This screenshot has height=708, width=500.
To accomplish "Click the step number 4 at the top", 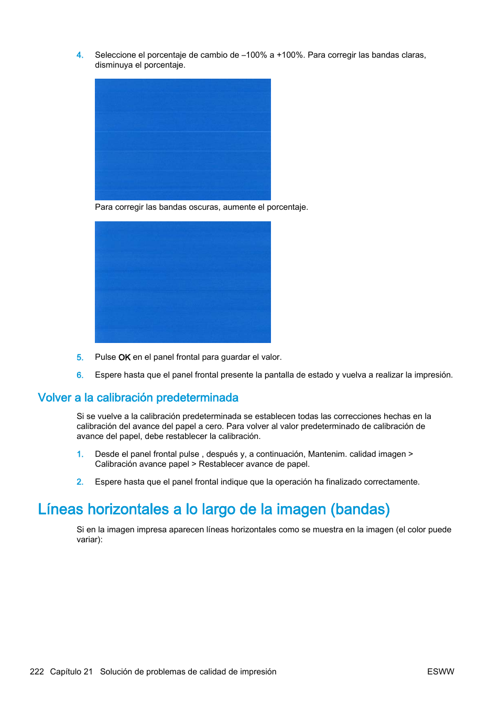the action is pos(80,55).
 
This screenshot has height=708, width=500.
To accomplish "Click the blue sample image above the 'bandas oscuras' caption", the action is pos(182,139).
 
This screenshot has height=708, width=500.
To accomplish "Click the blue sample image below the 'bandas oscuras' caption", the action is pos(182,282).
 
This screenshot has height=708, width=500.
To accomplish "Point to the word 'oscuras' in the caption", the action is pos(204,207).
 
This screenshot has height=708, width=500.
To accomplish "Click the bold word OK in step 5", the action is pos(124,357).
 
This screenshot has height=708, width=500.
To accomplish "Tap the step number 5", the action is pos(80,358).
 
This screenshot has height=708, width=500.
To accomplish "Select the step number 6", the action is pos(80,376).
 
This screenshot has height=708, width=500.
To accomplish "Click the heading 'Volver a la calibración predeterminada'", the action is pos(138,398).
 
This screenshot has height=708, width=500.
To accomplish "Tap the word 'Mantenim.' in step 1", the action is pos(327,454).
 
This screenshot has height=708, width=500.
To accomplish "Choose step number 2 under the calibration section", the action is pos(80,482).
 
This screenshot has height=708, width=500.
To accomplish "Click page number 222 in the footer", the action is pos(37,672).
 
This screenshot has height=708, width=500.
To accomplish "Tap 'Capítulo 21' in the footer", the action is pos(71,672).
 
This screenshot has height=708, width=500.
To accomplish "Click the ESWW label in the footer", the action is pos(440,672).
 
